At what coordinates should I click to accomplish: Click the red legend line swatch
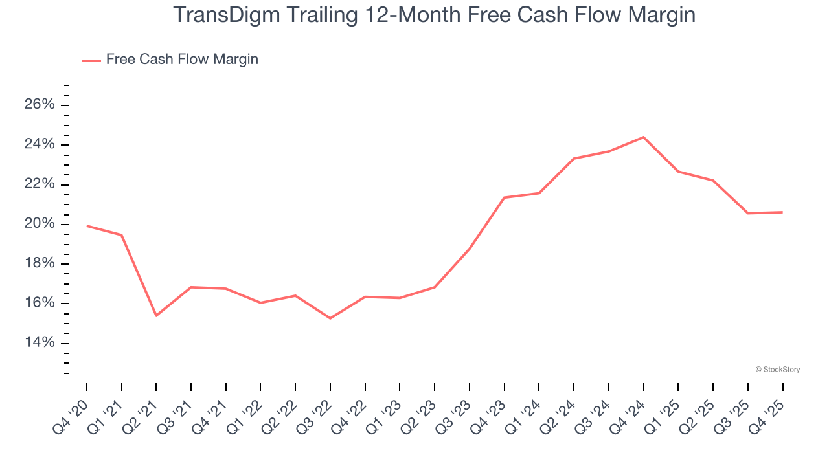[91, 60]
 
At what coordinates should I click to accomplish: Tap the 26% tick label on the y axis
[40, 105]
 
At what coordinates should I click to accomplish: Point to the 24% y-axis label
[40, 144]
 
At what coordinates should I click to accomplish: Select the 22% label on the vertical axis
[40, 184]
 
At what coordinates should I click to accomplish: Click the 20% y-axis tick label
[40, 224]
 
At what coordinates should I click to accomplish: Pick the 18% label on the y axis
[40, 264]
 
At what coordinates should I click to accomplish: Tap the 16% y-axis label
[40, 304]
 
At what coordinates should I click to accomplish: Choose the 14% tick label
[40, 343]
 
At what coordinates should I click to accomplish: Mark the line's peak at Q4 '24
[643, 137]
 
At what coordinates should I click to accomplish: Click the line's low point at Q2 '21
[156, 316]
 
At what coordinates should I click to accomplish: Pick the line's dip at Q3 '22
[330, 318]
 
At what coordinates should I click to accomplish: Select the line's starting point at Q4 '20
[87, 226]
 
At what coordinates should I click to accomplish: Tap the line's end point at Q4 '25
[782, 212]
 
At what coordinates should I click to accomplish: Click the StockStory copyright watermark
[778, 370]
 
